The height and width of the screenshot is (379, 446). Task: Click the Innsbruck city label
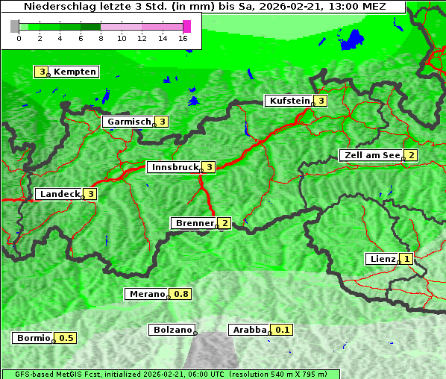[174, 167]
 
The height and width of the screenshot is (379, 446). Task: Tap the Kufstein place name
[288, 101]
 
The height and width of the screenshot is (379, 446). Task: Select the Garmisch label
[128, 122]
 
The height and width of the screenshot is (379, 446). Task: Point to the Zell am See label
[370, 155]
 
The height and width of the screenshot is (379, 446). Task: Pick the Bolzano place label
[172, 330]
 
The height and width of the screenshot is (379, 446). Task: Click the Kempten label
[75, 72]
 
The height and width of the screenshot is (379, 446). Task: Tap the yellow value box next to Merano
[181, 294]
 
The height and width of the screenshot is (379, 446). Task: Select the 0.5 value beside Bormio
[66, 338]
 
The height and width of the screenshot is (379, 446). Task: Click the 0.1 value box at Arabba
[283, 330]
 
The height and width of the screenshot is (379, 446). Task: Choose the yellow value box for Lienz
[406, 259]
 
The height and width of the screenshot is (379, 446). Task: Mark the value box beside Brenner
[224, 223]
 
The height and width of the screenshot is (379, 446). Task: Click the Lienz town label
[381, 259]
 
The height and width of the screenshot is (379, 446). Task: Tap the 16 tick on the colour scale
[183, 38]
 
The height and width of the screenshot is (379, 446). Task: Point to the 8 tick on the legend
[101, 38]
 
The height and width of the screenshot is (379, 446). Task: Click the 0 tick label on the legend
[19, 38]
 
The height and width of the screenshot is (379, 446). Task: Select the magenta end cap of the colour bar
[186, 26]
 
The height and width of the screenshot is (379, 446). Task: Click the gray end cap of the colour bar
[15, 26]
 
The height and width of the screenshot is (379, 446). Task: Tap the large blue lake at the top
[352, 40]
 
